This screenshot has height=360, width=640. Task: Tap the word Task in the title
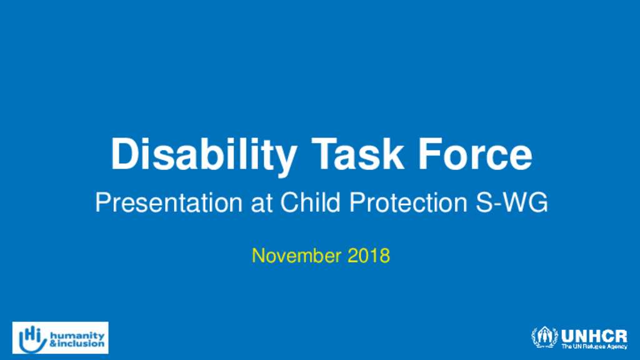click(358, 154)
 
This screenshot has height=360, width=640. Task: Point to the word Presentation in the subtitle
click(169, 202)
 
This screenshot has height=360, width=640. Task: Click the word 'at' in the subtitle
click(262, 203)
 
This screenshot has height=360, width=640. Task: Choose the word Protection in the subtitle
click(408, 202)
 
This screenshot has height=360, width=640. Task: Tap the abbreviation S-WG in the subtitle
click(512, 202)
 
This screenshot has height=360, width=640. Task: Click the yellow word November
click(296, 256)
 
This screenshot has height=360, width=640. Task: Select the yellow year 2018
click(369, 256)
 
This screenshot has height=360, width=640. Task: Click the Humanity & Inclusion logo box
click(61, 337)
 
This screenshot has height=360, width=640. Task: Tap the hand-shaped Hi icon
click(32, 339)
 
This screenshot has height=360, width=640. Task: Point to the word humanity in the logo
click(77, 336)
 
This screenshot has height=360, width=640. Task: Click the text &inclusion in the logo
click(77, 344)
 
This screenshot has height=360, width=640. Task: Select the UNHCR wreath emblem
click(544, 337)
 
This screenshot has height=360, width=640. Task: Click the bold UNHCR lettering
click(594, 336)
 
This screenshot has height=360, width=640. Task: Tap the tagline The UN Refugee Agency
click(594, 346)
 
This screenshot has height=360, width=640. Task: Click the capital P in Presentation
click(103, 202)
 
